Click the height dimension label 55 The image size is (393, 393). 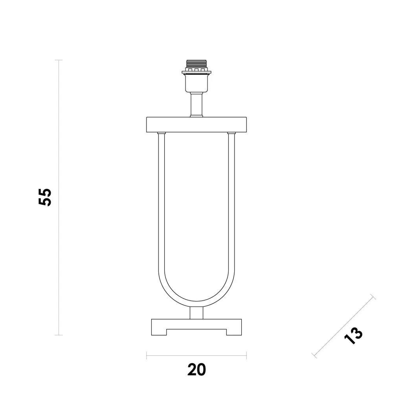(x=45, y=197)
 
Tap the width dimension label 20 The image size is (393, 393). (x=197, y=370)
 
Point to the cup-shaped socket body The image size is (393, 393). (x=196, y=83)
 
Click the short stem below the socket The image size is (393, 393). (x=196, y=105)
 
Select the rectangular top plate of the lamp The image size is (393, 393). (x=196, y=125)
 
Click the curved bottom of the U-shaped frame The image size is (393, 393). (x=196, y=304)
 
